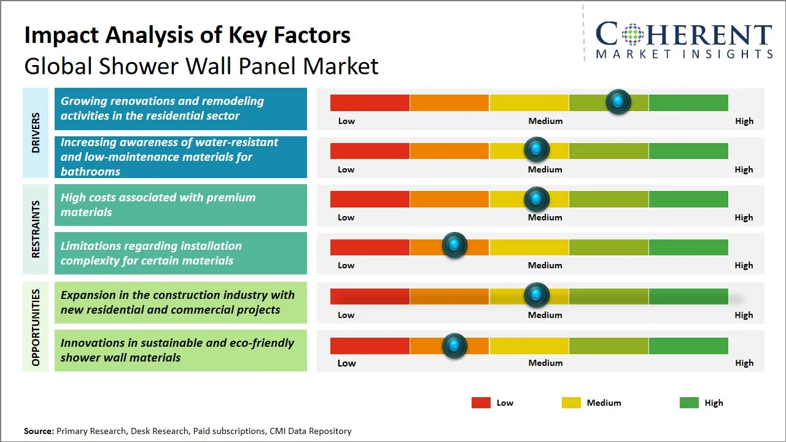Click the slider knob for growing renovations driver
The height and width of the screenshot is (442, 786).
[x=618, y=101]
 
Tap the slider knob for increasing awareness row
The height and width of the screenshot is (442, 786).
[x=537, y=149]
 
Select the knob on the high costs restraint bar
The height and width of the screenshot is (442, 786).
[x=537, y=199]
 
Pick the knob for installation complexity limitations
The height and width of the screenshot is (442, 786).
[x=454, y=246]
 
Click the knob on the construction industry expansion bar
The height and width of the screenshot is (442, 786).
[x=537, y=295]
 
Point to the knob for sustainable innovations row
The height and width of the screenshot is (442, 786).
[x=454, y=346]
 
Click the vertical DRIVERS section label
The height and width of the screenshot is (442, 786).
[x=36, y=132]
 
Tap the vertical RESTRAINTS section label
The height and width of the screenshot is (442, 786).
[x=36, y=229]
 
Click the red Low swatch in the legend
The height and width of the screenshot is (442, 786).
[x=481, y=403]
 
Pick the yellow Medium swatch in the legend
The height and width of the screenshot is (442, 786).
[x=571, y=403]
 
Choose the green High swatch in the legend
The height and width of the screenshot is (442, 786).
[x=689, y=403]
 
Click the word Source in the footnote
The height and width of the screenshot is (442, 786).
[x=39, y=432]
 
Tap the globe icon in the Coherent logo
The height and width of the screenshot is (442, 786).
[x=632, y=34]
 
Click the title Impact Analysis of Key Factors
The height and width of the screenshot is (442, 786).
[x=187, y=35]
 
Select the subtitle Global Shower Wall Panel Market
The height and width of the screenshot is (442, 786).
[x=201, y=66]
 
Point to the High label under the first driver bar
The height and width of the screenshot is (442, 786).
[x=744, y=121]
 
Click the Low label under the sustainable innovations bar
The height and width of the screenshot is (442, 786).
[x=346, y=363]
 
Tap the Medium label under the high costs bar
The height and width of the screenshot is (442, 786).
[x=545, y=217]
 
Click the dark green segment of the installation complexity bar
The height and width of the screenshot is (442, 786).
[x=688, y=247]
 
